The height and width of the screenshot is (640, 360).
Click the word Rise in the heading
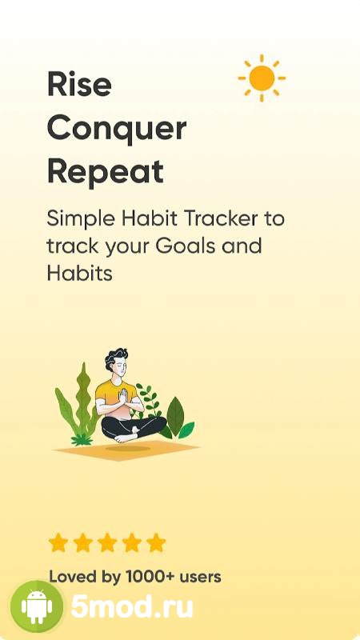click(79, 84)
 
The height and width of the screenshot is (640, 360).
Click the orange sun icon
click(262, 78)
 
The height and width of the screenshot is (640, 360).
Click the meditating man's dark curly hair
click(116, 357)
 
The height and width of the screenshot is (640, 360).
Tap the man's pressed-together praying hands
click(123, 396)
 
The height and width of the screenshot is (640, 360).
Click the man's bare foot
click(125, 438)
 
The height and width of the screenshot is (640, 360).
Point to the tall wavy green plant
click(83, 400)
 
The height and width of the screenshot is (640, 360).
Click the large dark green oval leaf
click(175, 416)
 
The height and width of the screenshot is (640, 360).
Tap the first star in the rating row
click(58, 543)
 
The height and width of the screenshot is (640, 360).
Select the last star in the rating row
click(156, 543)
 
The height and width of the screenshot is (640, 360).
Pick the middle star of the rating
click(107, 543)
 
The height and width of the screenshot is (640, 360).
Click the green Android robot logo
click(37, 606)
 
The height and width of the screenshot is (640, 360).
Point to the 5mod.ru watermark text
click(132, 607)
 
